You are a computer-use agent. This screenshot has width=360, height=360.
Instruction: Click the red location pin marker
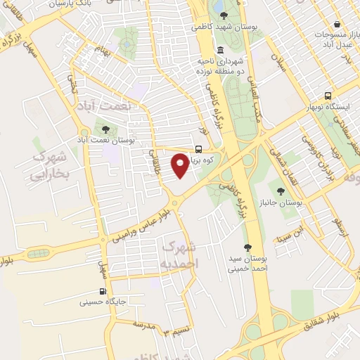tap(181, 165)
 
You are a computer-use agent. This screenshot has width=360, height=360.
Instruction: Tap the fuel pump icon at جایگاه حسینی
tap(103, 291)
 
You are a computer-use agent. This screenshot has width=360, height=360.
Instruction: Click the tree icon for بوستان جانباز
tap(281, 191)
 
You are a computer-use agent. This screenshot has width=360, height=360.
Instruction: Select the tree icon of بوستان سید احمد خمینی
tap(247, 247)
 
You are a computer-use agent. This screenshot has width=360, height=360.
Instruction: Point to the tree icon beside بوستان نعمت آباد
tap(105, 129)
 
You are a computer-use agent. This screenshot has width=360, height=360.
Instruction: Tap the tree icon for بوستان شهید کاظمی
tap(223, 15)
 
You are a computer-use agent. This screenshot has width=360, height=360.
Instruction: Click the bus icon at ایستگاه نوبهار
tap(328, 96)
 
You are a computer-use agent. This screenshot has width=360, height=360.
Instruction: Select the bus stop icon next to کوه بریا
tap(199, 149)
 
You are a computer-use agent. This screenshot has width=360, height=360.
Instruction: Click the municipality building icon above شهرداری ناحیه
tap(221, 50)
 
